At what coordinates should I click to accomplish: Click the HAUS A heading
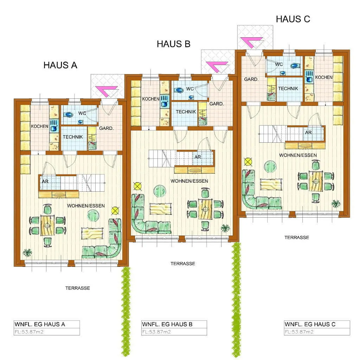tap(60, 65)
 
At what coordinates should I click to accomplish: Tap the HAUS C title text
tap(293, 19)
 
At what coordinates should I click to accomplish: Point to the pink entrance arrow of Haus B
tap(217, 67)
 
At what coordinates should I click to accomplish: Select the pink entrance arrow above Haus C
tap(251, 43)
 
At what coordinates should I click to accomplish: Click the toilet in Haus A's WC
tap(68, 114)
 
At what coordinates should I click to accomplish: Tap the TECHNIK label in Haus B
tap(186, 112)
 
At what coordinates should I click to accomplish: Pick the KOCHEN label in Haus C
tap(324, 77)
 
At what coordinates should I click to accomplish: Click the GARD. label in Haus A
tap(106, 128)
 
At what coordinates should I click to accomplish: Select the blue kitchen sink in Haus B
tap(165, 101)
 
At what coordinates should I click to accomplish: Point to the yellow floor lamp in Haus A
tap(115, 211)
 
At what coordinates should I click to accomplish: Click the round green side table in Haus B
tap(160, 191)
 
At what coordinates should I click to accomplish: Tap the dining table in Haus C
tap(316, 181)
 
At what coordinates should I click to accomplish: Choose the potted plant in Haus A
tap(27, 253)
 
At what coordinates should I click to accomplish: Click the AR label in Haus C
tap(308, 133)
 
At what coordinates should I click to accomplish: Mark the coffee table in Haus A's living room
tap(92, 233)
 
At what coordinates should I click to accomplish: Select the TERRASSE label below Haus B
tap(183, 264)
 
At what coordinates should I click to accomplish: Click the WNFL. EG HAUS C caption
tap(310, 324)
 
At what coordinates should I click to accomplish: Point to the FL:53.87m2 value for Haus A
tap(29, 332)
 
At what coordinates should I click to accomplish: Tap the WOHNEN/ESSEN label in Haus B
tap(189, 181)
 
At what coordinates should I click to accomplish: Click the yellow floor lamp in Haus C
tap(248, 162)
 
